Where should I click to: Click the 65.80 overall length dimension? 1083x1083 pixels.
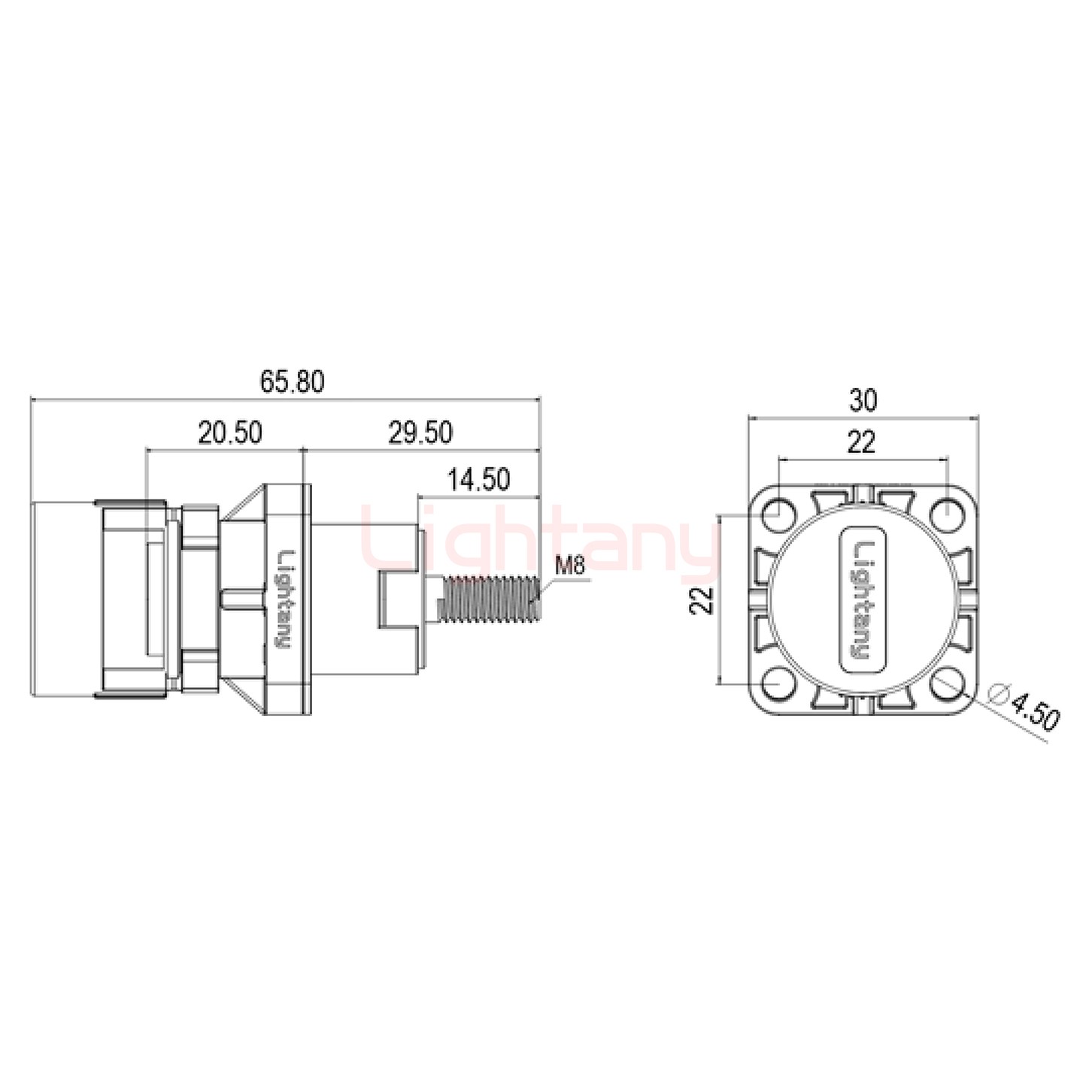click(x=293, y=382)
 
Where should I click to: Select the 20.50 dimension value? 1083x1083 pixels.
click(x=230, y=433)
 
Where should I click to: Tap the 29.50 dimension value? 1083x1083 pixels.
click(x=420, y=433)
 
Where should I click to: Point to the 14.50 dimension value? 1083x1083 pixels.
click(x=478, y=479)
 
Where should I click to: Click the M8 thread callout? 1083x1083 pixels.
click(x=569, y=566)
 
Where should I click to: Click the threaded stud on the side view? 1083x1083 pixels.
click(x=493, y=599)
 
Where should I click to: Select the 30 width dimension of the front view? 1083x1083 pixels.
click(x=863, y=401)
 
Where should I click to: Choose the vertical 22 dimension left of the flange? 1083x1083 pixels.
click(x=702, y=601)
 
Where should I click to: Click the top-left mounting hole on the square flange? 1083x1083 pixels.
click(x=779, y=516)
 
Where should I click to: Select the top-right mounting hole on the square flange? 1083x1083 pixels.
click(x=946, y=516)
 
